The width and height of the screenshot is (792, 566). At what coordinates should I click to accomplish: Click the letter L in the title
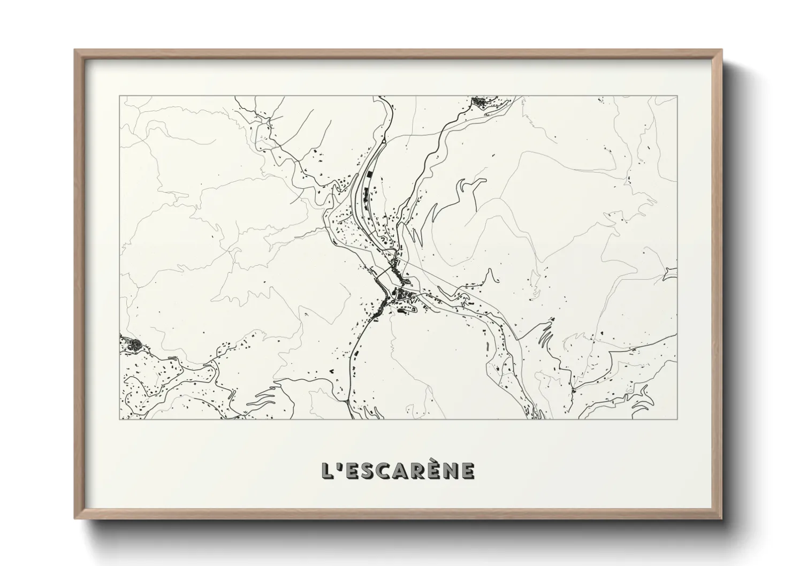click(x=326, y=471)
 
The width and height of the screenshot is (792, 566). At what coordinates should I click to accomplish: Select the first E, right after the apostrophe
click(x=351, y=471)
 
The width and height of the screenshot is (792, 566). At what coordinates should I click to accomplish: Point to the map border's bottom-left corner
click(x=120, y=419)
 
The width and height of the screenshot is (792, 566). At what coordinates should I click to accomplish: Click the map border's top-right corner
click(x=677, y=96)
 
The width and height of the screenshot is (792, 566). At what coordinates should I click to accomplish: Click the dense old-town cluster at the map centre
click(x=402, y=295)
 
